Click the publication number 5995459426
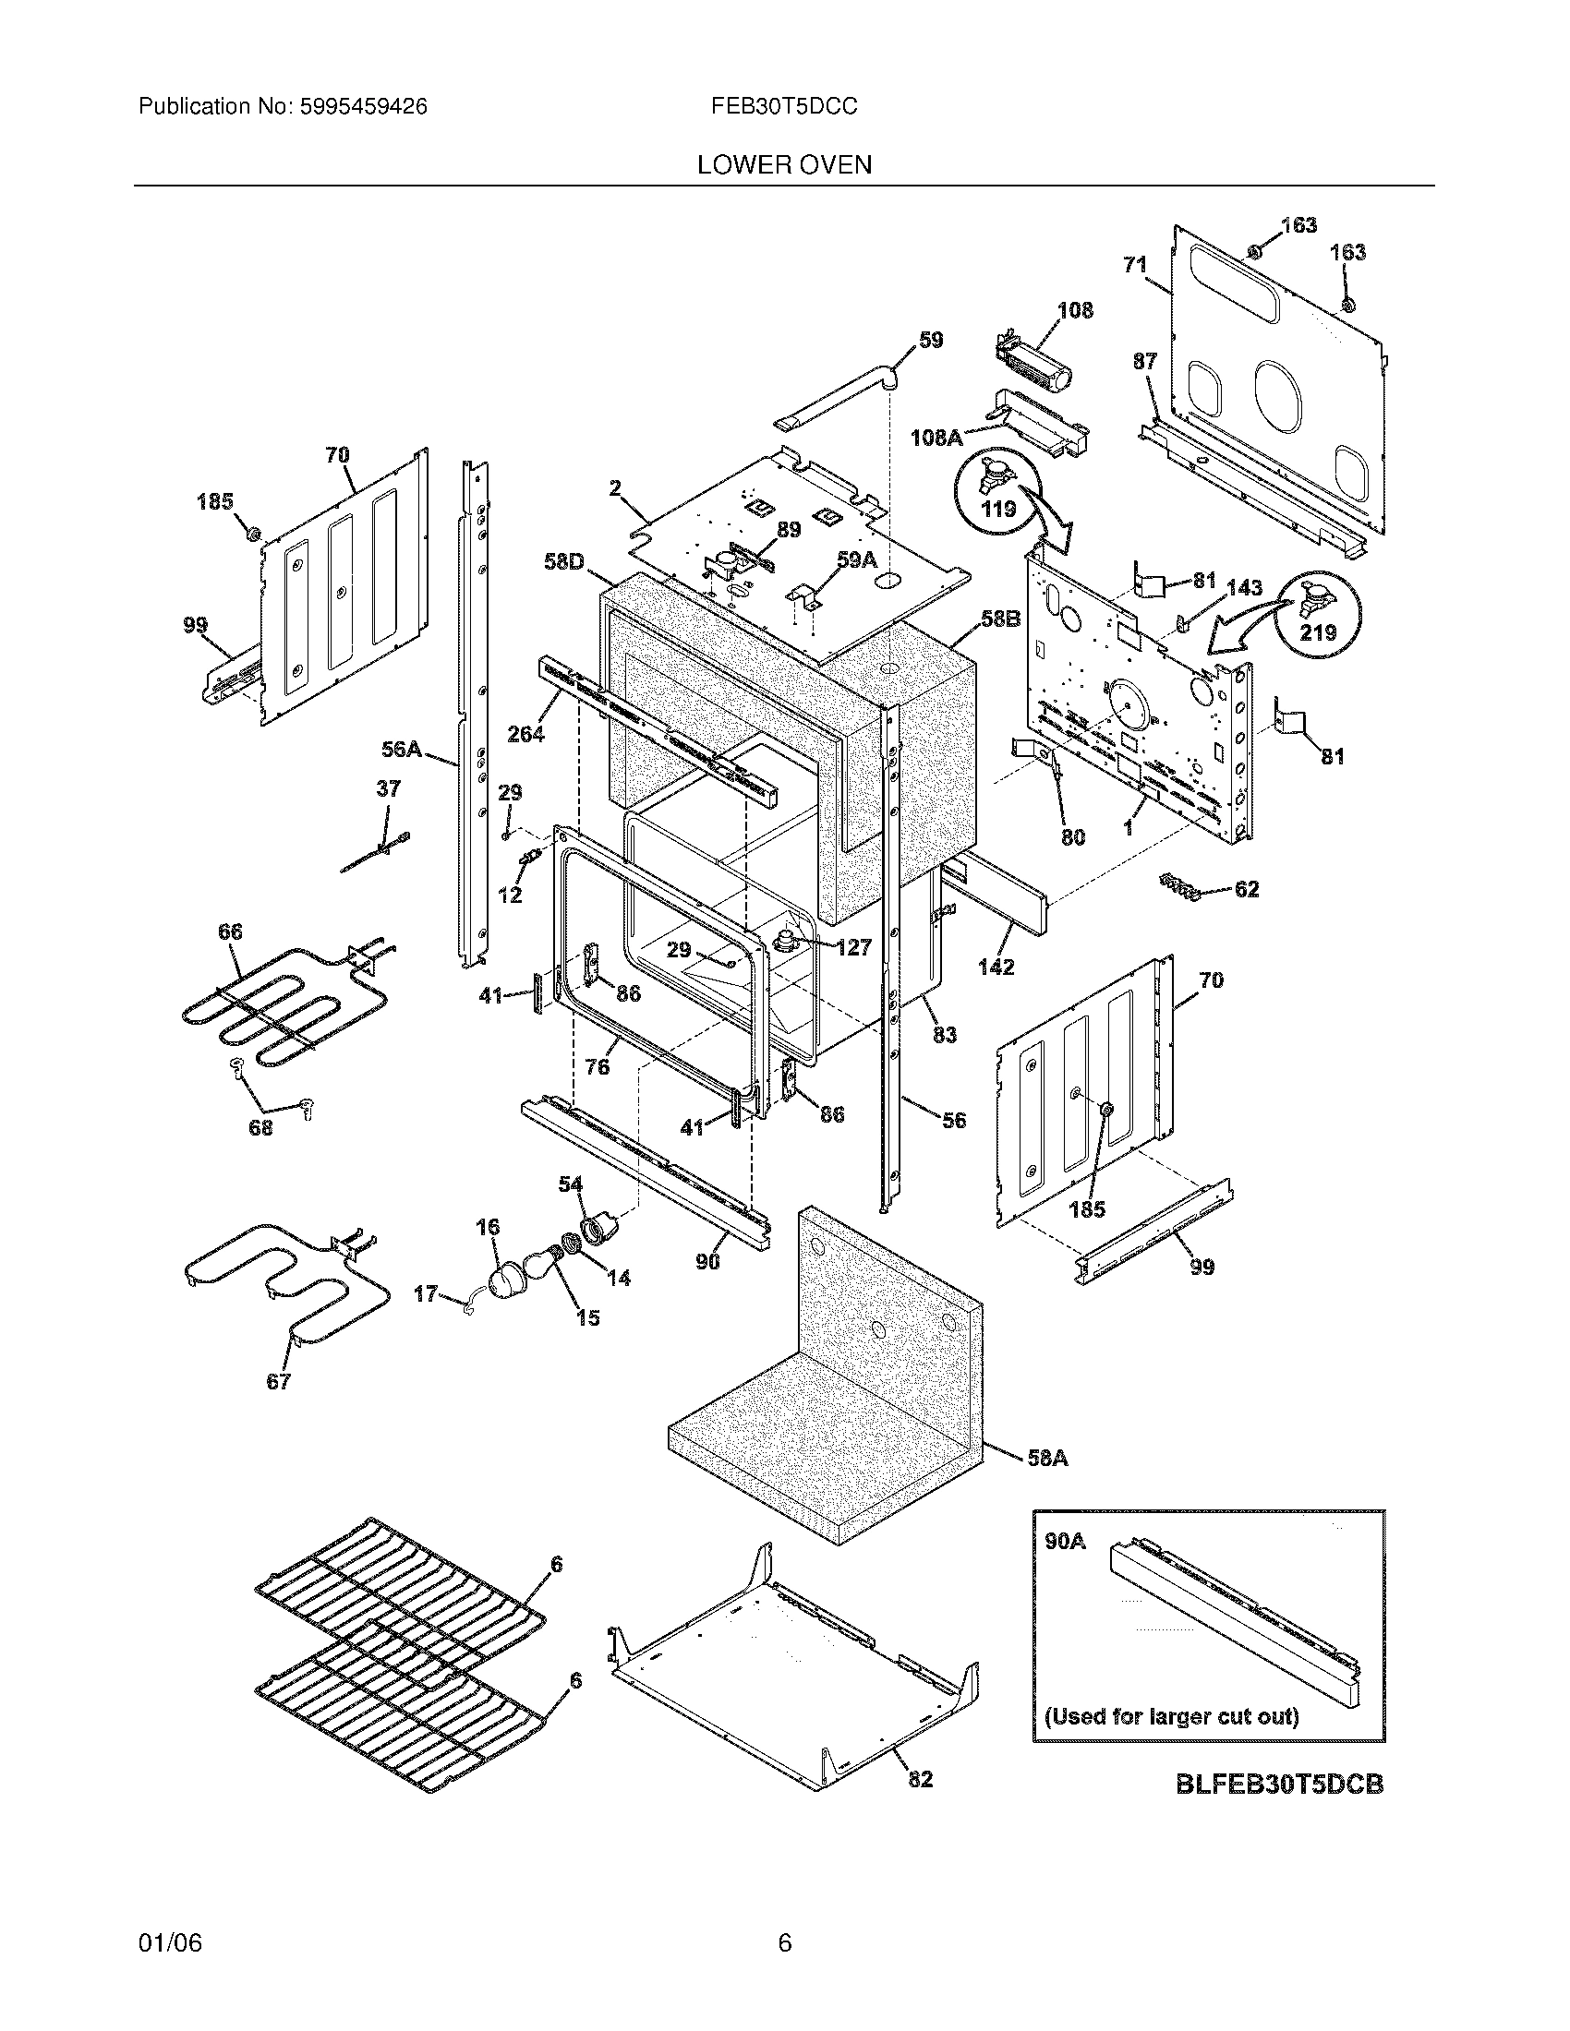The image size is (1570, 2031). [x=363, y=107]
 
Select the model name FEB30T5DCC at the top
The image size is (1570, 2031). [x=784, y=107]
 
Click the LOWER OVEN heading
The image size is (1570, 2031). [x=784, y=165]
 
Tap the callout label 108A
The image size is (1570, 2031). [x=936, y=437]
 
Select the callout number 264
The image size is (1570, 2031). [x=525, y=734]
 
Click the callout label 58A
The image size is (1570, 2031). [x=1046, y=1458]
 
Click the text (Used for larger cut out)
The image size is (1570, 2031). [x=1171, y=1716]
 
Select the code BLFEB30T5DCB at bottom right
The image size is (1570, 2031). [x=1279, y=1784]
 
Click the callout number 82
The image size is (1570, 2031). [x=920, y=1778]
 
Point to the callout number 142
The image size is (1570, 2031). [x=996, y=967]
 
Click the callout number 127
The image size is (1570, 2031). [x=853, y=947]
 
